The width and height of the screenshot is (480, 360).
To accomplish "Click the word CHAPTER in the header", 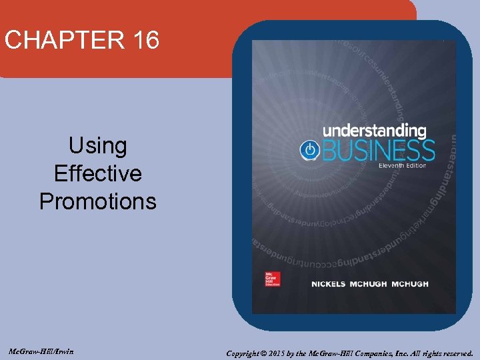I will coord(64,40).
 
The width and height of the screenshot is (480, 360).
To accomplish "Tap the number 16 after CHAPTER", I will coord(146,40).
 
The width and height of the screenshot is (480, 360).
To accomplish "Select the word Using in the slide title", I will coord(98,145).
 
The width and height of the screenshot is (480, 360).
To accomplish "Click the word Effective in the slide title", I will coord(98,173).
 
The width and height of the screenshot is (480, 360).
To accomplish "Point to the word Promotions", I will coord(98,201).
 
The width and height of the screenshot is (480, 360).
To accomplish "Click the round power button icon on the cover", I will coord(309,149).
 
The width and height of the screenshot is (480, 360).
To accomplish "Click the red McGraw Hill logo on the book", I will coord(272,279).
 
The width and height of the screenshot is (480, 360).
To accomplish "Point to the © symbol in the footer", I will coord(266,353).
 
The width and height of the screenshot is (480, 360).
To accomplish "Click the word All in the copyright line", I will coord(415,353).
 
